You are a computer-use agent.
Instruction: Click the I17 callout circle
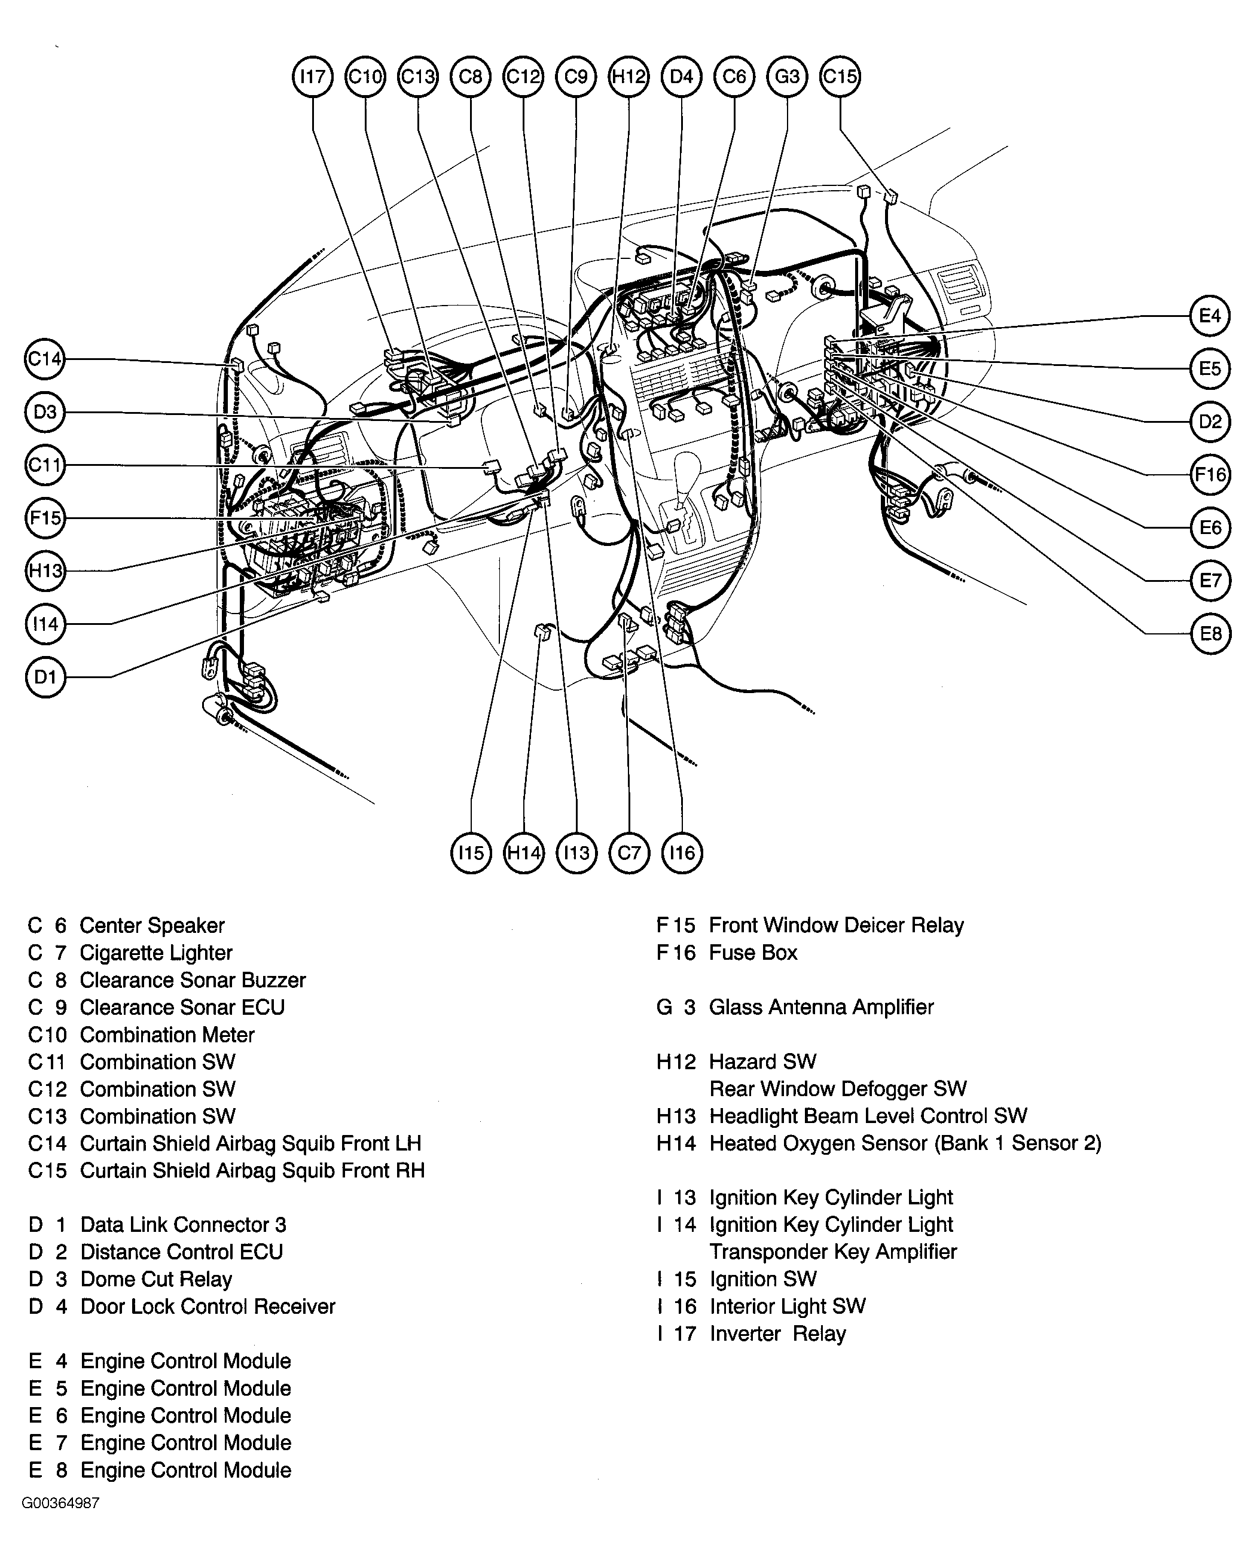coord(312,76)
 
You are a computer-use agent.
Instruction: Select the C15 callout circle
coord(840,76)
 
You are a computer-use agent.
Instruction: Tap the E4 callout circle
coord(1210,315)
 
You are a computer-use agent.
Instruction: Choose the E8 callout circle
coord(1210,633)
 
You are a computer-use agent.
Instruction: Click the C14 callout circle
coord(45,359)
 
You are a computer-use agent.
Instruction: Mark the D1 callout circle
coord(45,677)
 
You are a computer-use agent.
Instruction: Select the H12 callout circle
coord(628,76)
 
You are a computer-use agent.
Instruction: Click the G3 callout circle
coord(788,76)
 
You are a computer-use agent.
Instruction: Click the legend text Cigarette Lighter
coord(156,953)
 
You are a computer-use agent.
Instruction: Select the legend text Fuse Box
coord(753,953)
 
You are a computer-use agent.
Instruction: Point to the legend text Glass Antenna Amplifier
coord(821,1007)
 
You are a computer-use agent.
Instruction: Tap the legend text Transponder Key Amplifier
coord(833,1251)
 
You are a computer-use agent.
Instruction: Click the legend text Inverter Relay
coord(777,1334)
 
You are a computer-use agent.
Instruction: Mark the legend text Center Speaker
coord(152,925)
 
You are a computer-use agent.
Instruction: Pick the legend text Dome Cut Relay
coord(156,1279)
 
